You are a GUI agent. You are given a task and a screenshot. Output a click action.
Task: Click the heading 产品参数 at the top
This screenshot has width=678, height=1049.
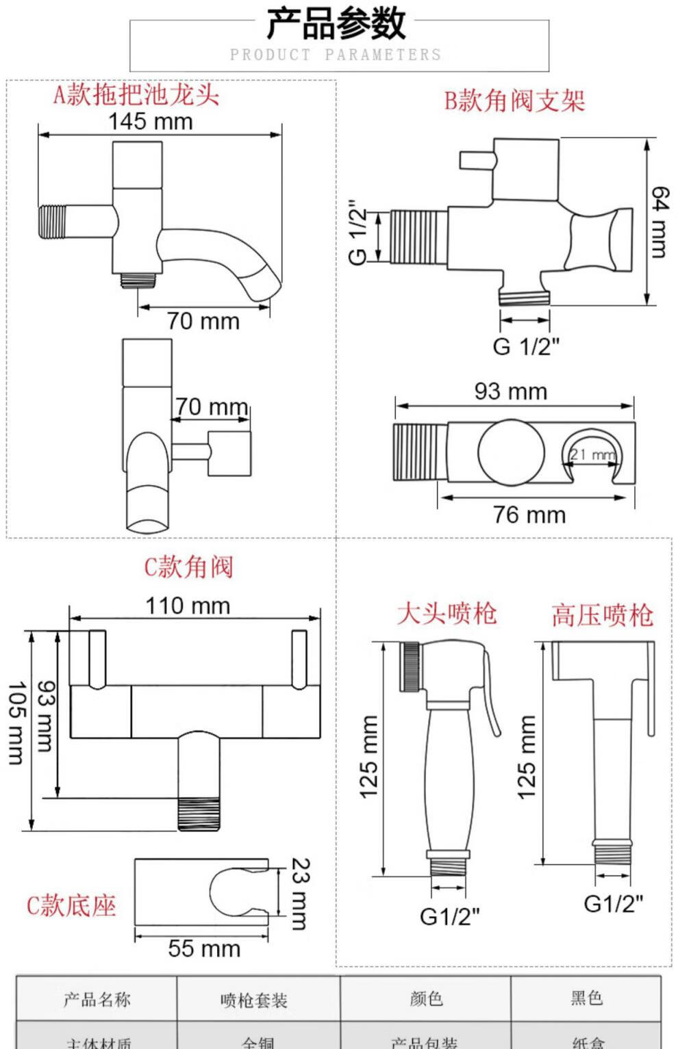point(336,24)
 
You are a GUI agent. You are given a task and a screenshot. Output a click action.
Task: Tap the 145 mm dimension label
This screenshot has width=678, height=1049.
point(150,121)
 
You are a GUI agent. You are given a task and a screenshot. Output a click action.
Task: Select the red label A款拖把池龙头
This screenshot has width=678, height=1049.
point(136,94)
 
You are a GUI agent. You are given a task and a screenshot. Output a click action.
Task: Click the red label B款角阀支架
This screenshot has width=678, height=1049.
point(514,101)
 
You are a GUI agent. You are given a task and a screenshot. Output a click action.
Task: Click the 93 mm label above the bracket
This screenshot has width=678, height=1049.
point(510,391)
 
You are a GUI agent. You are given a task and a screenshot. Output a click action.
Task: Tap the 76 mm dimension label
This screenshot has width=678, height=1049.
point(529,515)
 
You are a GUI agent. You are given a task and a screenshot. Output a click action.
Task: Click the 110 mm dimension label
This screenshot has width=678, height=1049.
point(187,606)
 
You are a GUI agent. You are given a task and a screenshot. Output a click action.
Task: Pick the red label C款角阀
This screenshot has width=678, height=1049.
point(188,567)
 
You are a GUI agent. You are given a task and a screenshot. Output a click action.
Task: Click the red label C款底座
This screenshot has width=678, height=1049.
point(71,905)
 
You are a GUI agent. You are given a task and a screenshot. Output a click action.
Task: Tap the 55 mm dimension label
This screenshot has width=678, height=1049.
point(204,948)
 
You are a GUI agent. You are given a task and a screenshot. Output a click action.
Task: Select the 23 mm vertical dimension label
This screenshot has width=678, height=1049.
point(300,894)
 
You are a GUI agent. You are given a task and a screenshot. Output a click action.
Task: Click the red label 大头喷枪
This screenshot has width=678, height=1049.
point(447,613)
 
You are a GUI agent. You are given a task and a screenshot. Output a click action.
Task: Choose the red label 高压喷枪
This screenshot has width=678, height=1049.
point(602,615)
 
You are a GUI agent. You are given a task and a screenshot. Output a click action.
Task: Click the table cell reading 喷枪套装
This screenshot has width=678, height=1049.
point(254,1000)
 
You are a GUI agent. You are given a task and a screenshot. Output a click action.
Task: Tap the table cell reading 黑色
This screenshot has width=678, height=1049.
point(587,998)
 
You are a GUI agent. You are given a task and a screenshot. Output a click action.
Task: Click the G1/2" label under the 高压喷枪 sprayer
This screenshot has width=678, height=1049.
point(613,904)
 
